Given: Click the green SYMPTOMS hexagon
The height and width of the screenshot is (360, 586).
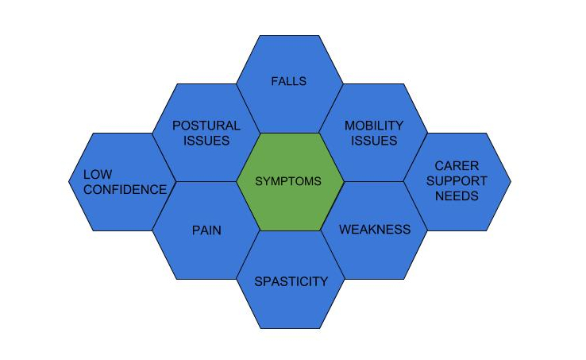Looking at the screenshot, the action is coord(290,182).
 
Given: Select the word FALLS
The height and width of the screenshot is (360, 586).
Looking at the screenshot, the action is coord(288,81).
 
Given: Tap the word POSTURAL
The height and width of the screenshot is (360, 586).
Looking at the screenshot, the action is coord(206,126).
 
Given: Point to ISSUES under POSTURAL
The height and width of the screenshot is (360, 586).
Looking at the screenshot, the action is coord(206,141).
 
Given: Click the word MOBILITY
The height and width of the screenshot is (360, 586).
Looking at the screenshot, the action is coord(374,126).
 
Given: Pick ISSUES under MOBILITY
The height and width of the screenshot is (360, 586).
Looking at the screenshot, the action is coord(374,141).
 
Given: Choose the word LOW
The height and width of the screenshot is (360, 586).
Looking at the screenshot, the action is coord(98,174).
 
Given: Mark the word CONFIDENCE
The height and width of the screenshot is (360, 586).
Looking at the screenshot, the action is coord(125,190).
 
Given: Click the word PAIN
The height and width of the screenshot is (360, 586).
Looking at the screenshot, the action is coord(206,230).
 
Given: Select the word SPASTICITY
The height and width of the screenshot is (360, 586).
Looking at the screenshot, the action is coord(291,281).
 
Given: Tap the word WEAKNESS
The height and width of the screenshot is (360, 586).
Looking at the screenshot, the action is coord(375,230).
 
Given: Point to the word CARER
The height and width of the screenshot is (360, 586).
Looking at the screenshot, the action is coord(457,166).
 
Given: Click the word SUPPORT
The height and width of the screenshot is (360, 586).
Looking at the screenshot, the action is coord(457,181).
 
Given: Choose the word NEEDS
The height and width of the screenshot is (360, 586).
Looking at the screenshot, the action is coord(457,196).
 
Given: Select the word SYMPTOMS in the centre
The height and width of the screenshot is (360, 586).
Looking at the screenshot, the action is coord(288,181).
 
